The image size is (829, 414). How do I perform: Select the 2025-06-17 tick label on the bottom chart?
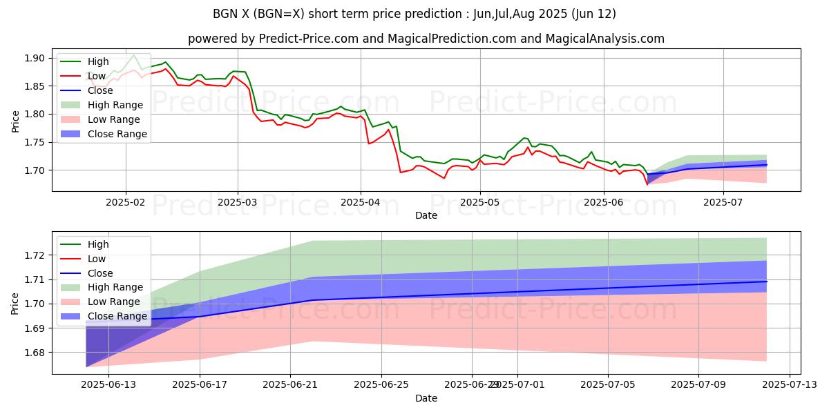click(200, 386)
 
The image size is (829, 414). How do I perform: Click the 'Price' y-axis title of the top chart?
click(15, 121)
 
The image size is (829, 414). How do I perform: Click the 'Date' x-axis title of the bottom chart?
click(426, 398)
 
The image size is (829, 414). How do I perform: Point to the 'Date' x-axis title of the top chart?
click(426, 216)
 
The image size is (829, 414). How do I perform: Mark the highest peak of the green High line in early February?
click(133, 55)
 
